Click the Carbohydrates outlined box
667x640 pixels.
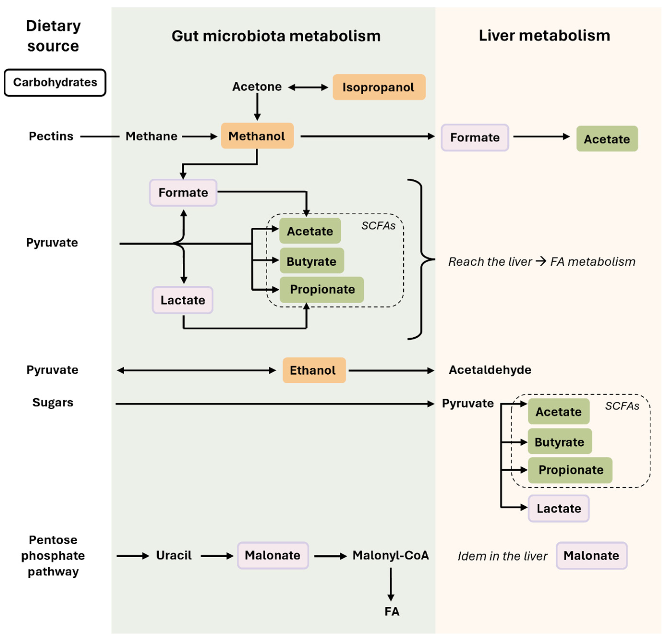(x=55, y=82)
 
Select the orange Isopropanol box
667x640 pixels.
(x=379, y=87)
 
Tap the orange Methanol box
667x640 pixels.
(x=257, y=136)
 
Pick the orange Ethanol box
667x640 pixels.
(x=314, y=370)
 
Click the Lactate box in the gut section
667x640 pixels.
(x=183, y=300)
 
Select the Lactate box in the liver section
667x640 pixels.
(x=559, y=508)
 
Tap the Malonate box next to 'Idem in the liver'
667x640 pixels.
(x=591, y=555)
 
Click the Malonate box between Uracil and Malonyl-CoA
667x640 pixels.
(x=273, y=555)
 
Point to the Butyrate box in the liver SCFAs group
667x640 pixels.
(x=560, y=441)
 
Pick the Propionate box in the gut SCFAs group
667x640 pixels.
(x=322, y=289)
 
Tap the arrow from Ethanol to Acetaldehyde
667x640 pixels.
(x=391, y=370)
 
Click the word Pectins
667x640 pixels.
(x=51, y=136)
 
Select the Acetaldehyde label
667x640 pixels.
(x=490, y=370)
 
